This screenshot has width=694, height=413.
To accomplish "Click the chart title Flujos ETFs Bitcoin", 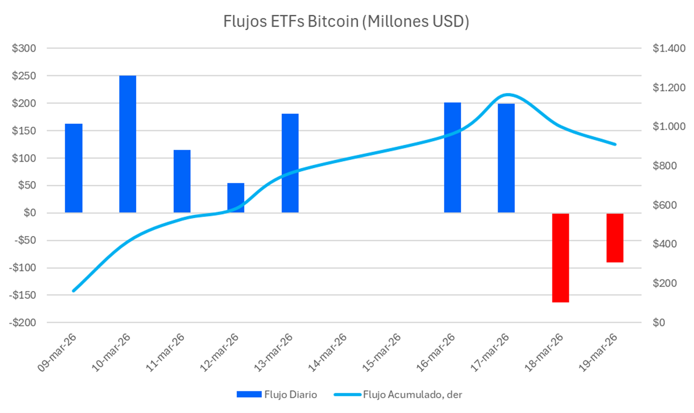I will pos(346,23).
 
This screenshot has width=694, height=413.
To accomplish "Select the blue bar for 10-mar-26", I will pos(128,144).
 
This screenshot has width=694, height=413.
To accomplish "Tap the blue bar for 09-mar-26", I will pos(73,168).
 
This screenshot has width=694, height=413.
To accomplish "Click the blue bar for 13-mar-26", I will pos(290,163).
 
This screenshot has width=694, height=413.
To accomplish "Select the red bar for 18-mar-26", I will pos(560,258).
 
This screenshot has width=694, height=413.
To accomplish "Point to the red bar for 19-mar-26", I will pos(615,238).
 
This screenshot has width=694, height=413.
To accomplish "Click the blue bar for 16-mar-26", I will pos(452,157).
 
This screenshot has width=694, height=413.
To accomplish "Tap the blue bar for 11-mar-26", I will pos(182,181).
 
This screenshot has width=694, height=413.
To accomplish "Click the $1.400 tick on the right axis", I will pos(668,49).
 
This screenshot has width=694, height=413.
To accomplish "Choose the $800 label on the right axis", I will pos(664,166).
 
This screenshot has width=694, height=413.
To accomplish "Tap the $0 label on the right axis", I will pos(660,323).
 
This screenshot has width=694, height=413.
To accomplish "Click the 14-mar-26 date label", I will pos(327,353).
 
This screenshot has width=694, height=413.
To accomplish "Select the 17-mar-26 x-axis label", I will pos(490,353).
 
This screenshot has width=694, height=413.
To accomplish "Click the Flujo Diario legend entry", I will pos(277,395).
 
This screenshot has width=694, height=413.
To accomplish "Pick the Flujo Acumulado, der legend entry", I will pos(401,395).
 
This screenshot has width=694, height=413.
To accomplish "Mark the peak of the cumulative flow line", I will pos(508,95).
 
